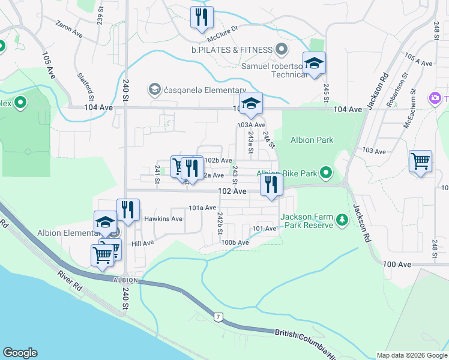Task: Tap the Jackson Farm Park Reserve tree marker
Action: [x=342, y=220]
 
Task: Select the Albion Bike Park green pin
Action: [x=326, y=173]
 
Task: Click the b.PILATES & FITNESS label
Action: [x=231, y=49]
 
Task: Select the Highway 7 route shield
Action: [x=217, y=316]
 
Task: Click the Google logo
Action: [x=20, y=353]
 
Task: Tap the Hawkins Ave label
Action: [x=167, y=219]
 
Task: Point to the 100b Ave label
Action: [x=235, y=242]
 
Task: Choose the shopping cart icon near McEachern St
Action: [x=420, y=161]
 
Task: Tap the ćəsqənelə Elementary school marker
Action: [x=154, y=89]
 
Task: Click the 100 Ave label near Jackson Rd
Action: [x=396, y=265]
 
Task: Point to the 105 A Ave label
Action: [x=418, y=59]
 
